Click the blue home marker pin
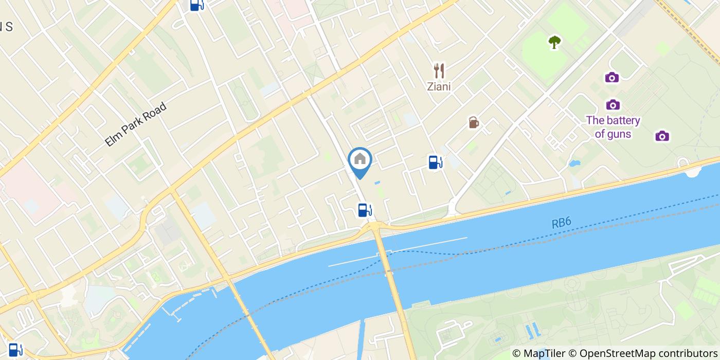click(x=360, y=159)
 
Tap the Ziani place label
click(x=439, y=86)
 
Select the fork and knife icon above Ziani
click(x=439, y=70)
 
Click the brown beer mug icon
click(x=474, y=122)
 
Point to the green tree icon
click(x=554, y=42)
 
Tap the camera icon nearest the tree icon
click(x=611, y=78)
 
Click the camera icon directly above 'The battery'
click(x=613, y=105)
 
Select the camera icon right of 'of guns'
click(x=662, y=136)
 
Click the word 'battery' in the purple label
click(x=623, y=121)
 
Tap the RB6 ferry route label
click(x=561, y=223)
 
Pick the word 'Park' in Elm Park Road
click(x=134, y=125)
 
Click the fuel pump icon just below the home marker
click(x=365, y=210)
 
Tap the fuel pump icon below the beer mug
click(x=435, y=163)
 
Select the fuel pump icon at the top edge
click(x=196, y=5)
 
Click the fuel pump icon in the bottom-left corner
click(x=15, y=350)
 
